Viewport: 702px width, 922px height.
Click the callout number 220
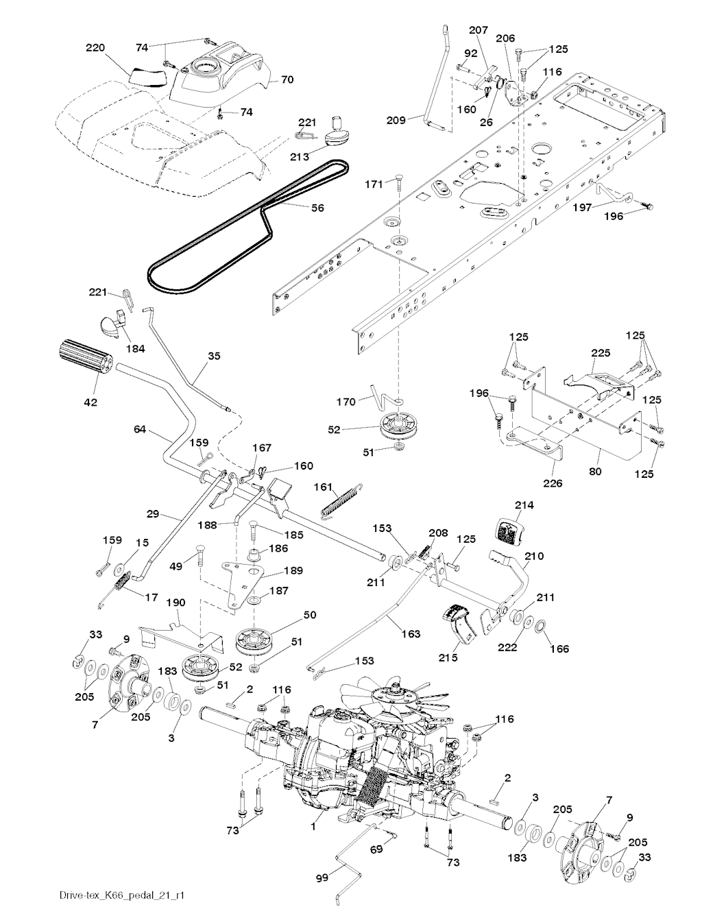(x=95, y=47)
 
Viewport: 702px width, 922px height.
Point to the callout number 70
(x=287, y=80)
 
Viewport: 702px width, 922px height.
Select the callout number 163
(x=410, y=634)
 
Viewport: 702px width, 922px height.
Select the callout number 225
(x=601, y=352)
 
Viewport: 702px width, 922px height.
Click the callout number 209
(x=397, y=119)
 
